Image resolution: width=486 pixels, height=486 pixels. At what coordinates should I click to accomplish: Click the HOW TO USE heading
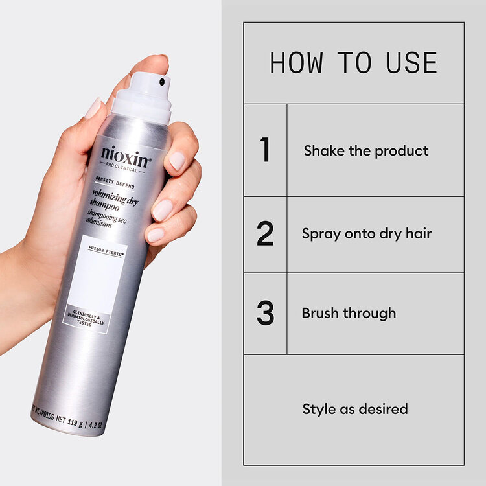click(x=353, y=63)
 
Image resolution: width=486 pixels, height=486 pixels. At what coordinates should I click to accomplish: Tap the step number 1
click(x=264, y=150)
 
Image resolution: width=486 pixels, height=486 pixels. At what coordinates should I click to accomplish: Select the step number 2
click(x=265, y=234)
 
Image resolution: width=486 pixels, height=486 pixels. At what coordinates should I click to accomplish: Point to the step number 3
click(x=265, y=313)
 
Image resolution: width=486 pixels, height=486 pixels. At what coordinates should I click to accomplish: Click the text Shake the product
click(x=366, y=151)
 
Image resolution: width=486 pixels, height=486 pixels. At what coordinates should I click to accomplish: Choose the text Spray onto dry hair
click(x=366, y=234)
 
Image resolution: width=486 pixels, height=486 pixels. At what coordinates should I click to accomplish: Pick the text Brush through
click(x=349, y=313)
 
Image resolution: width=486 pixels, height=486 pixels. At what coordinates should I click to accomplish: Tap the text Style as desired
click(x=355, y=409)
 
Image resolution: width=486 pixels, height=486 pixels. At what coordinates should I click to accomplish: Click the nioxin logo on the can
click(x=126, y=157)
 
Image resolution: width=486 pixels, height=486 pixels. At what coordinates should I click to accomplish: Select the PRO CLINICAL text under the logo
click(x=124, y=169)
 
